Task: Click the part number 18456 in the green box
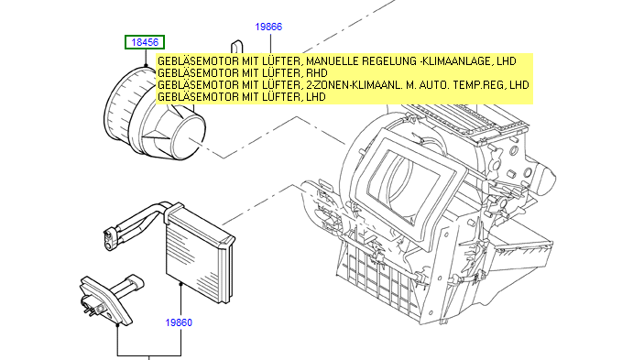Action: coord(145,42)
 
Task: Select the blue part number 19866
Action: coord(268,27)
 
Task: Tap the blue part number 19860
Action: coord(179,322)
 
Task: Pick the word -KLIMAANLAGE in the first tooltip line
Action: coord(455,61)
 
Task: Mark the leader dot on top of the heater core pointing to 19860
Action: coord(180,284)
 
